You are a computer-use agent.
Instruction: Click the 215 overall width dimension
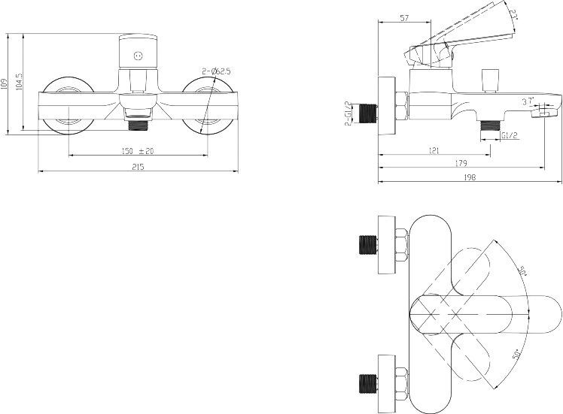pyautogui.click(x=138, y=167)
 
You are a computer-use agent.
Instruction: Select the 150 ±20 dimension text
pyautogui.click(x=137, y=151)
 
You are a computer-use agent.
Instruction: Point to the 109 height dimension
pyautogui.click(x=5, y=84)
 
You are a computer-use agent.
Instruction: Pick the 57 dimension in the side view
pyautogui.click(x=403, y=17)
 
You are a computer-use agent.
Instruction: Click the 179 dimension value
pyautogui.click(x=461, y=164)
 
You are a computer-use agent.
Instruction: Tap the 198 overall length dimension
pyautogui.click(x=470, y=177)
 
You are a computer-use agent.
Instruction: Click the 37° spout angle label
pyautogui.click(x=526, y=99)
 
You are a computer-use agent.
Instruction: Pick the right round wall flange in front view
pyautogui.click(x=208, y=105)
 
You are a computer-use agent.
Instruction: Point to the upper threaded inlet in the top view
pyautogui.click(x=368, y=245)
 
